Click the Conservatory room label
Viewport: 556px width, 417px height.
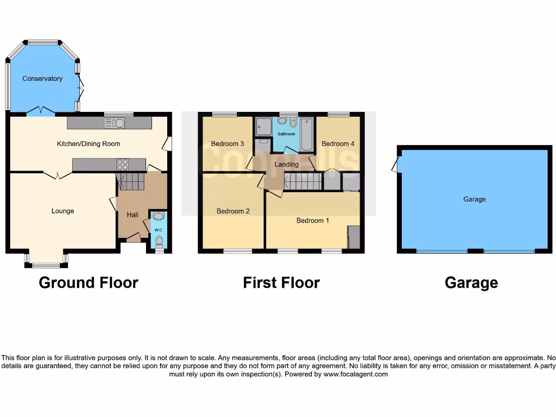[x=42, y=79]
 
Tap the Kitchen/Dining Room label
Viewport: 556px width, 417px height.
[x=89, y=144]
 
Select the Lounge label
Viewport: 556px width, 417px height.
[x=63, y=211]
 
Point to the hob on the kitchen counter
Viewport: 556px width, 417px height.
[x=123, y=165]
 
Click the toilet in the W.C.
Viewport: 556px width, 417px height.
[x=159, y=241]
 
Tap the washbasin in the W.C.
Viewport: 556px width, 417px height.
[x=159, y=217]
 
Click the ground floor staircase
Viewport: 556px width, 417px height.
[x=131, y=181]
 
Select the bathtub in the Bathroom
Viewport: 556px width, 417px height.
[x=307, y=134]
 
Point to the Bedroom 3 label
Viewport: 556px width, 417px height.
[x=228, y=144]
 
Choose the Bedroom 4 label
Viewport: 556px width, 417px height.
[x=338, y=144]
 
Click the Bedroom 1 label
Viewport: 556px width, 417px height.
[x=313, y=221]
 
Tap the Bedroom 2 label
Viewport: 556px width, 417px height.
[x=233, y=211]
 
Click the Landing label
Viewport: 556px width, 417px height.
[x=286, y=165]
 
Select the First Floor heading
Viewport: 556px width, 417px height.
[x=281, y=283]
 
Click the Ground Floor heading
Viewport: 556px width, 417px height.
[x=89, y=283]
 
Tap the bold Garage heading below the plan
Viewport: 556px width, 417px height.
[x=471, y=283]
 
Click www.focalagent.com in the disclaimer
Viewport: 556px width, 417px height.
[x=356, y=374]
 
